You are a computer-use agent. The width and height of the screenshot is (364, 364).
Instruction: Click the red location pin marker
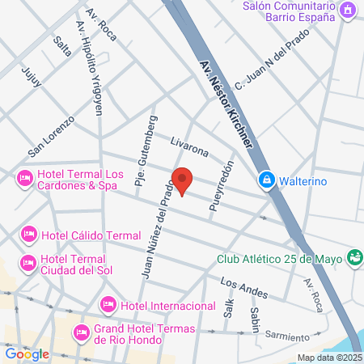[x=182, y=181]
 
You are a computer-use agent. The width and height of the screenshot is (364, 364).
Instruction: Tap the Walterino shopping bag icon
[x=265, y=180]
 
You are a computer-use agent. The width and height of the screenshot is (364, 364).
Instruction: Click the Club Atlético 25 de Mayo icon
[x=353, y=258]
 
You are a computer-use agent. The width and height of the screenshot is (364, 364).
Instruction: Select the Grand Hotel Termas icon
[x=81, y=332]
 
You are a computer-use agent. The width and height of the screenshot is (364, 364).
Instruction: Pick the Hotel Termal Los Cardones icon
[x=25, y=176]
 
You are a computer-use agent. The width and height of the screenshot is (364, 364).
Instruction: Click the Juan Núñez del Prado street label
[x=159, y=230]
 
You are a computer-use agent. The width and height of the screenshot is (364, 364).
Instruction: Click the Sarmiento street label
[x=287, y=336]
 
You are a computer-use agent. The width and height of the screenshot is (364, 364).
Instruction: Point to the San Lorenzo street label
[x=51, y=135]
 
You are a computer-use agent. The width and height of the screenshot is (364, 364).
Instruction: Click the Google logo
[x=28, y=353]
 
